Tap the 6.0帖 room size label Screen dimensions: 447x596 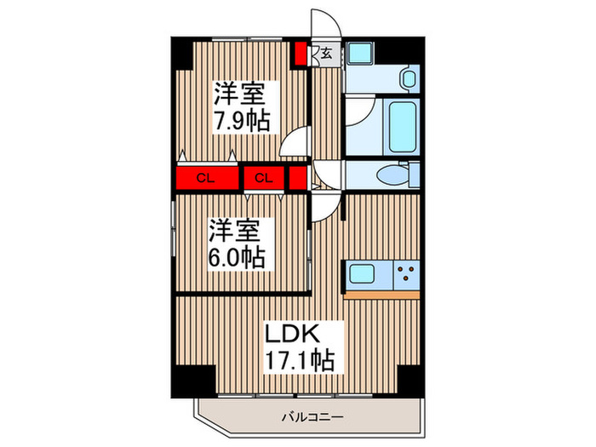(238, 256)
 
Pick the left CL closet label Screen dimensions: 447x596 (204, 178)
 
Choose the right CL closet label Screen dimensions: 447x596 (264, 178)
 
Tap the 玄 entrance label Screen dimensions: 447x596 (326, 54)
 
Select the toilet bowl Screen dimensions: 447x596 (394, 175)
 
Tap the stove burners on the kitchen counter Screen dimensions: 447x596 (406, 275)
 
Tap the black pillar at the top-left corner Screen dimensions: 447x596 (182, 54)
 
